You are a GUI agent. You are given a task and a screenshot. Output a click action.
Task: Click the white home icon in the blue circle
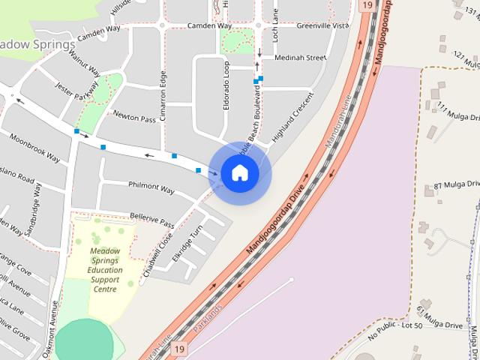tap(240, 173)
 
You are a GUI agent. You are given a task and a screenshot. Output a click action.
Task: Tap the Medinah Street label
tap(300, 57)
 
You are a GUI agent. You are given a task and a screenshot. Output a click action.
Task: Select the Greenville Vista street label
tap(322, 25)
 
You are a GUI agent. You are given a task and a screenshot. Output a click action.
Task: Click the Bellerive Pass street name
tap(151, 220)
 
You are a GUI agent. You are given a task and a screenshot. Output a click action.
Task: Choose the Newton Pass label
tap(133, 117)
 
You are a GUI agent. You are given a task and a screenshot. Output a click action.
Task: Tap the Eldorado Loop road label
tap(226, 85)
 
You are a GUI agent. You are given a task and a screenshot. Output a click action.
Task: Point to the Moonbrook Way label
tap(34, 146)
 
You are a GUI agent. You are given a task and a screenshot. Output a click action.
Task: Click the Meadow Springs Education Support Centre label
tap(104, 270)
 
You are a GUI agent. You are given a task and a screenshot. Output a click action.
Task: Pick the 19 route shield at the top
tap(366, 5)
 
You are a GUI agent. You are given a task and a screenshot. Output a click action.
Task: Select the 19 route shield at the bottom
tap(178, 349)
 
